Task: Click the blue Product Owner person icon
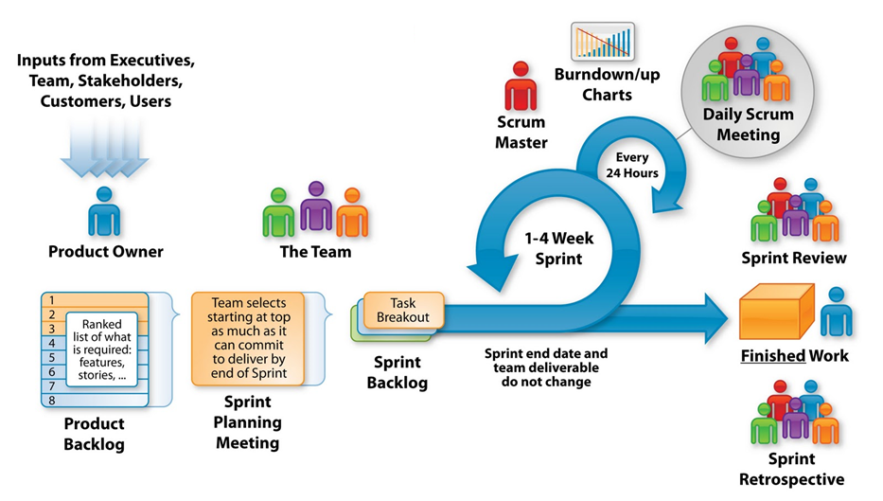pyautogui.click(x=104, y=211)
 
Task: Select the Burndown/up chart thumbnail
pyautogui.click(x=603, y=41)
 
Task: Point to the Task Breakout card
pyautogui.click(x=403, y=310)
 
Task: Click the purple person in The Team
pyautogui.click(x=316, y=206)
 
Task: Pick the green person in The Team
pyautogui.click(x=278, y=212)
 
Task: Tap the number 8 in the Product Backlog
pyautogui.click(x=52, y=400)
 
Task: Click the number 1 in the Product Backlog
pyautogui.click(x=51, y=300)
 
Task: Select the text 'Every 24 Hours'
pyautogui.click(x=632, y=165)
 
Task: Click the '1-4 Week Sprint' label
pyautogui.click(x=558, y=248)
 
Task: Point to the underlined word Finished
pyautogui.click(x=772, y=356)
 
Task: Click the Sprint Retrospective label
pyautogui.click(x=791, y=469)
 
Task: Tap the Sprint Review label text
pyautogui.click(x=793, y=259)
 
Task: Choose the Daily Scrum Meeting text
pyautogui.click(x=748, y=125)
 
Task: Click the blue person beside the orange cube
pyautogui.click(x=837, y=312)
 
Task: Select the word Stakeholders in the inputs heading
pyautogui.click(x=130, y=81)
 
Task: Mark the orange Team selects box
pyautogui.click(x=248, y=338)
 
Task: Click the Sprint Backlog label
pyautogui.click(x=397, y=372)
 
